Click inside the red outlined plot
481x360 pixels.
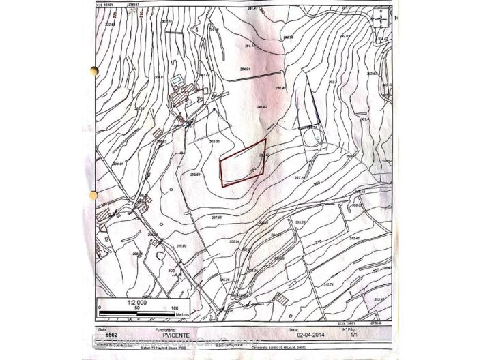(x=241, y=164)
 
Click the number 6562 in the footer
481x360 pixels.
(x=112, y=335)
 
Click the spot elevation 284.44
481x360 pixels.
(x=248, y=46)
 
